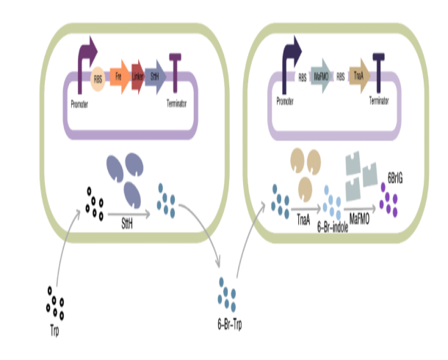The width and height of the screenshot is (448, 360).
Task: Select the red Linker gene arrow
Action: [x=137, y=76]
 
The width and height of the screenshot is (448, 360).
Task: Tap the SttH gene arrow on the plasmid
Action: [x=155, y=76]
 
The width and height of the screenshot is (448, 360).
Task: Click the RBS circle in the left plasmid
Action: [x=98, y=76]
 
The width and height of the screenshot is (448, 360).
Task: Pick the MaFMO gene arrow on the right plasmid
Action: [x=321, y=76]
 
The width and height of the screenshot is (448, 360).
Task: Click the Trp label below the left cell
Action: [x=54, y=332]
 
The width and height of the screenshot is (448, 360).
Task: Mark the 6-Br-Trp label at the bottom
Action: [x=227, y=324]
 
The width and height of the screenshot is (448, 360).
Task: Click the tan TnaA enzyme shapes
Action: [x=306, y=168]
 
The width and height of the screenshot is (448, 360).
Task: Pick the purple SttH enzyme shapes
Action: [x=127, y=176]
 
